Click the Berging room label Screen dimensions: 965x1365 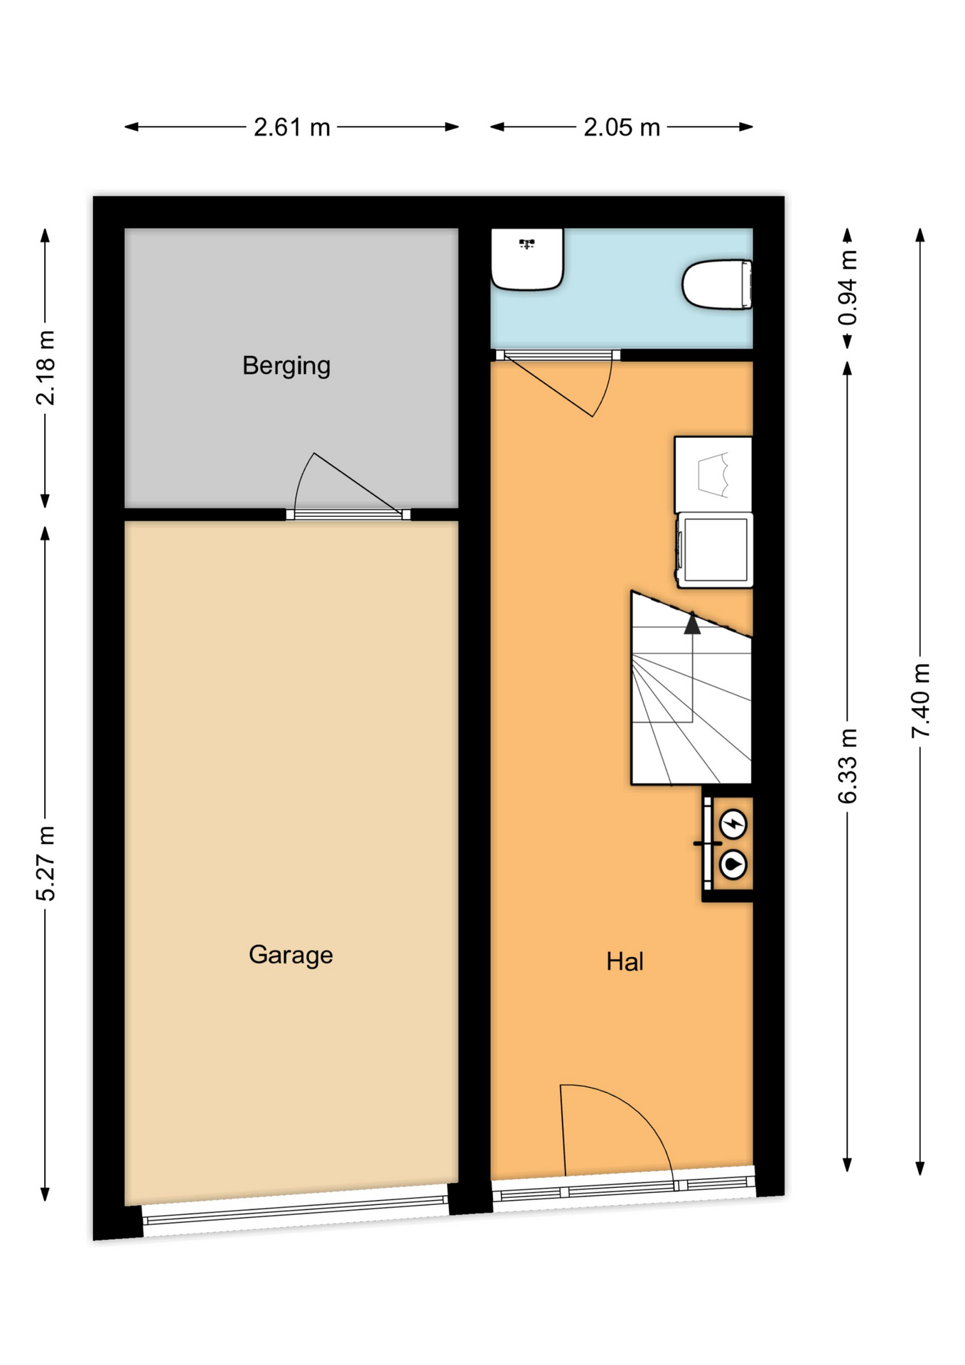point(286,366)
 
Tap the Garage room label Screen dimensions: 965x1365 point(291,955)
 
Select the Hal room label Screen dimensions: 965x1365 point(625,961)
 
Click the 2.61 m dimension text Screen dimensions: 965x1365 point(292,127)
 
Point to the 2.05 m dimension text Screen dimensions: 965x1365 point(622,127)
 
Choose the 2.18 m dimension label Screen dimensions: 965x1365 point(45,368)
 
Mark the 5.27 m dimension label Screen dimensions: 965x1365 point(45,863)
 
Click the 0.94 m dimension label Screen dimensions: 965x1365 point(847,288)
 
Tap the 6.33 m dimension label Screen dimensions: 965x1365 point(847,766)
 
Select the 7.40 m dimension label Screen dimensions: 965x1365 point(920,700)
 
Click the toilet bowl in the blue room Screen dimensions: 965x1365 point(717,284)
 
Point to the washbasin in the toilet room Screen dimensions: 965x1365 point(527,259)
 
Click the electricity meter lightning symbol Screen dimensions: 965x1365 point(733,825)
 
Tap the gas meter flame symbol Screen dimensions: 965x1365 point(733,865)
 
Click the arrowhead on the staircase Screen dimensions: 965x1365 point(692,623)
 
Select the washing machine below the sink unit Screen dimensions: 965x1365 point(713,550)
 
